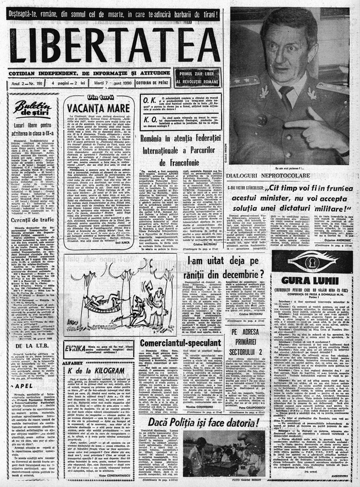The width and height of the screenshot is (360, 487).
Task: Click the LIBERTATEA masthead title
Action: [114, 45]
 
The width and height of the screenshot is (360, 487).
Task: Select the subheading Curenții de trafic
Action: [33, 219]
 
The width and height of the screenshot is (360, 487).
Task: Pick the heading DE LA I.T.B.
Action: [32, 346]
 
